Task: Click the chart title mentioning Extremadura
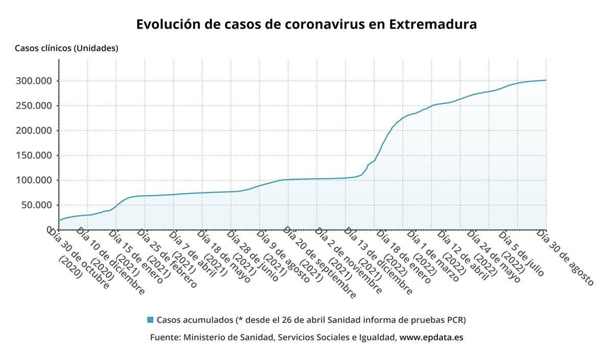[306, 25]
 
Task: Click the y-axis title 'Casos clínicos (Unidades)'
[66, 49]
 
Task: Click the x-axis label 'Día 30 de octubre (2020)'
[77, 258]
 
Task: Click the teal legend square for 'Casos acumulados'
[150, 320]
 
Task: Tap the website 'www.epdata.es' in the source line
[431, 338]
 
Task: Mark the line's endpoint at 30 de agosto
[546, 80]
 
